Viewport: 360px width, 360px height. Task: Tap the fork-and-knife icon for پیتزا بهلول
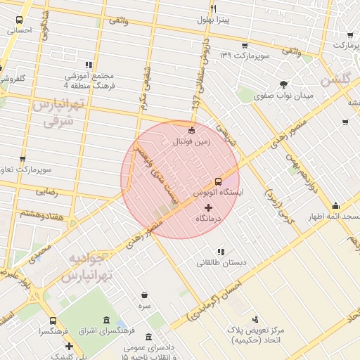pyautogui.click(x=213, y=8)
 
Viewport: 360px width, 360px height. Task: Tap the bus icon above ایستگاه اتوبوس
pyautogui.click(x=218, y=181)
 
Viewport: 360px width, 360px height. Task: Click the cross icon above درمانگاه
pyautogui.click(x=208, y=207)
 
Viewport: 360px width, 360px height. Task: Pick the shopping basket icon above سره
pyautogui.click(x=144, y=295)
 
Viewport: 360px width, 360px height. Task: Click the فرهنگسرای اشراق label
pyautogui.click(x=98, y=330)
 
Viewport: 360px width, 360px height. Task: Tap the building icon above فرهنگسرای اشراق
pyautogui.click(x=105, y=320)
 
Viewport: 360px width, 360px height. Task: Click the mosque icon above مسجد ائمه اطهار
pyautogui.click(x=335, y=206)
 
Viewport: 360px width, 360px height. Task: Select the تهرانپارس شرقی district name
pyautogui.click(x=57, y=112)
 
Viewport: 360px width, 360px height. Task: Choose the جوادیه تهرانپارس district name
pyautogui.click(x=85, y=268)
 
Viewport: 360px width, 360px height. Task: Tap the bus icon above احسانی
pyautogui.click(x=18, y=20)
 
